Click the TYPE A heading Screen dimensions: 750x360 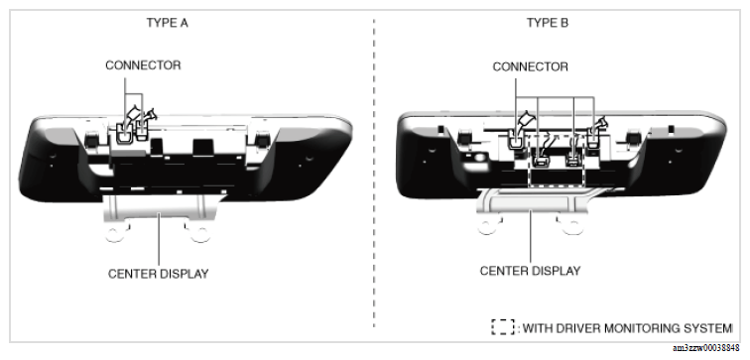point(168,23)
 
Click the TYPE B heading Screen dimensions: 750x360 point(548,23)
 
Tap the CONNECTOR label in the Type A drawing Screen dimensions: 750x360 point(143,65)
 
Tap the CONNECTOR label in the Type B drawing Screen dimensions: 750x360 point(531,66)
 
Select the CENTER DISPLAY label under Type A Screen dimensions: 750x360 point(159,274)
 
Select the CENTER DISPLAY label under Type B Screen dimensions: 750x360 point(530,271)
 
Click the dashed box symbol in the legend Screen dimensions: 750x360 point(502,327)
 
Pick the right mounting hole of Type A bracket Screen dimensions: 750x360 point(199,234)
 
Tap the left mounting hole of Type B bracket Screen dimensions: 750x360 point(487,226)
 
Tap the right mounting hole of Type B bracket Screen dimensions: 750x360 point(572,227)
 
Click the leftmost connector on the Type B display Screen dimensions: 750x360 point(516,140)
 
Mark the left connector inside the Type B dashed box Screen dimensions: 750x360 point(541,161)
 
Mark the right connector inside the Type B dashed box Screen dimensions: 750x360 point(572,161)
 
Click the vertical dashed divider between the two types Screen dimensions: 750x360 point(374,174)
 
